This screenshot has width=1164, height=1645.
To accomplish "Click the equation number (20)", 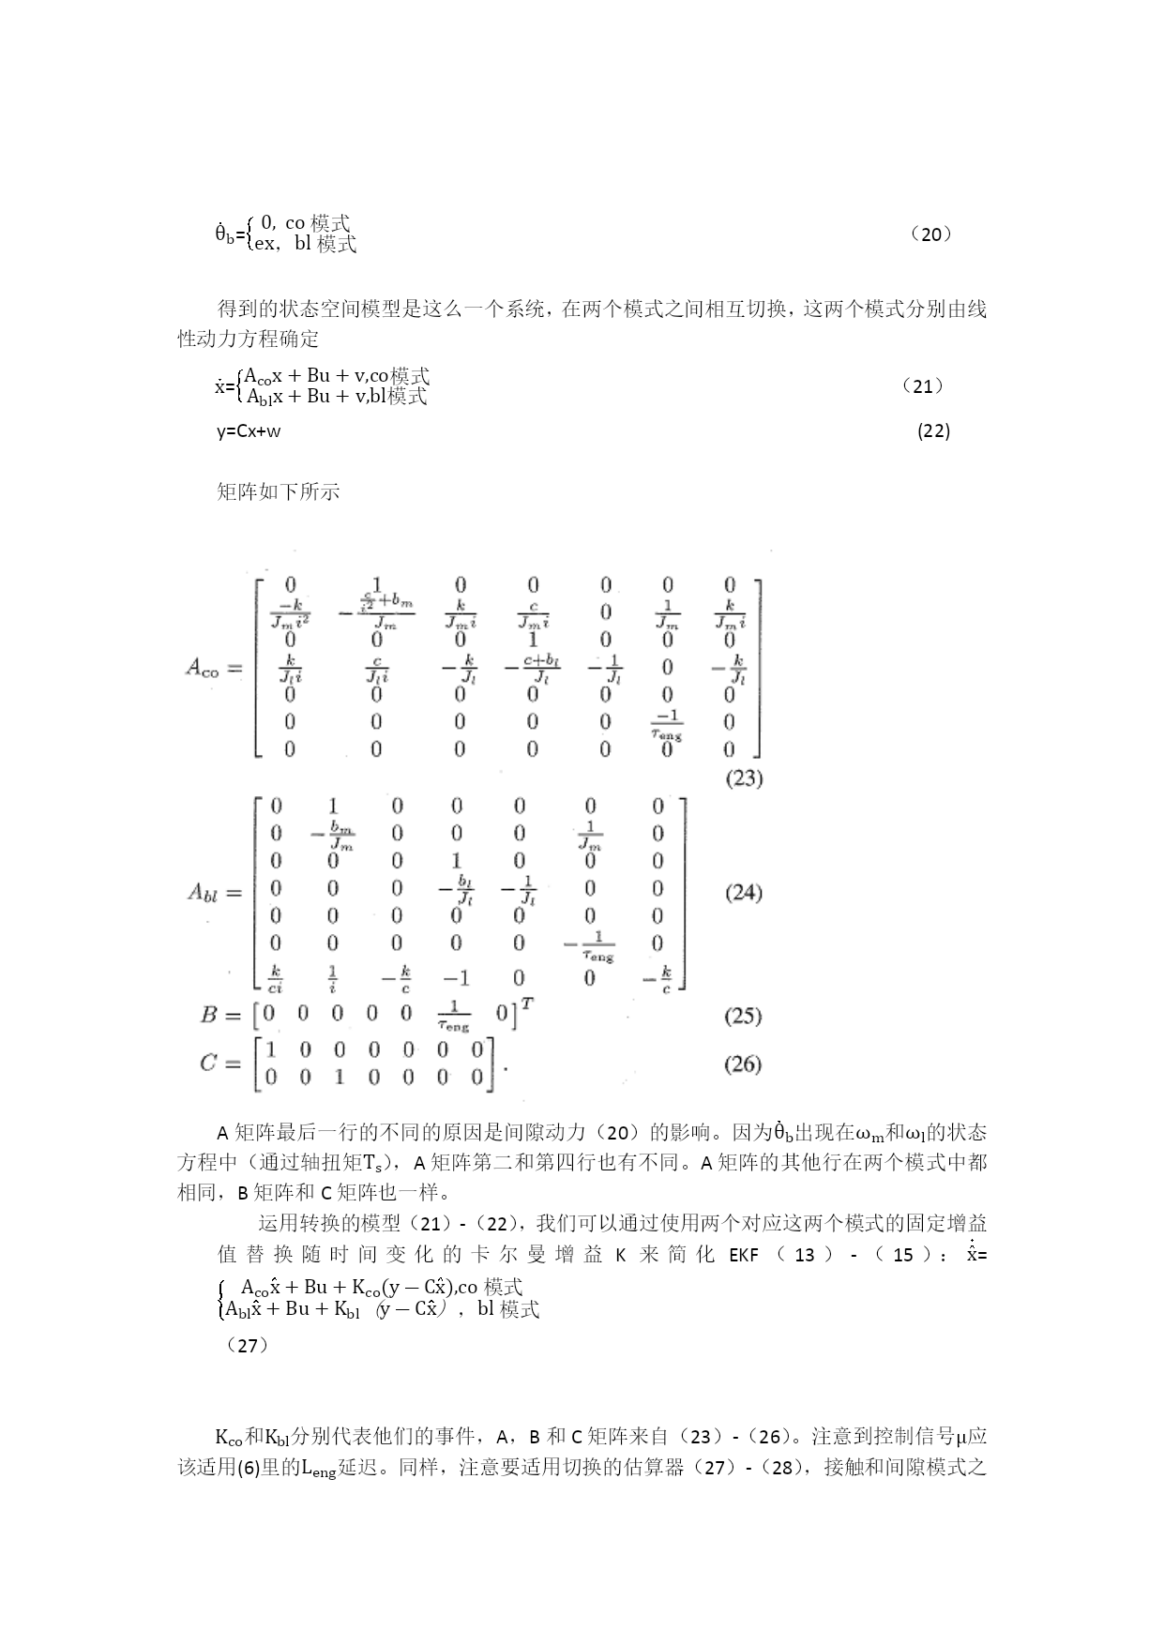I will click(931, 234).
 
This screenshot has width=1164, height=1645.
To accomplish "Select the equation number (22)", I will click(933, 430).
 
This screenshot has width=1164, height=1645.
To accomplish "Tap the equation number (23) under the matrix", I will click(744, 778).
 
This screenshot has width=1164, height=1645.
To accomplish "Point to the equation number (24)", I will click(743, 892).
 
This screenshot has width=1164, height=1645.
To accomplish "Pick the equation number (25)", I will click(743, 1016).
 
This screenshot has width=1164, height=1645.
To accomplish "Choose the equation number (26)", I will click(743, 1064).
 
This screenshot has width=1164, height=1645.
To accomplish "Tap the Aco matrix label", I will click(204, 668).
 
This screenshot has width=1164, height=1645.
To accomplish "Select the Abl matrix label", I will click(203, 893).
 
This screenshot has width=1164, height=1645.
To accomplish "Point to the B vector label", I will click(209, 1015).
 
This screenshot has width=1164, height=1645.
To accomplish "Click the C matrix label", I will click(208, 1064).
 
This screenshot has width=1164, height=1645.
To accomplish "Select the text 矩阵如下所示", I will click(279, 491).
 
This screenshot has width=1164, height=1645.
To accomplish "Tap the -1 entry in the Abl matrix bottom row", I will click(457, 978).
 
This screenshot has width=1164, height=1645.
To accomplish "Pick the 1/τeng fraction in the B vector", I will click(455, 1017).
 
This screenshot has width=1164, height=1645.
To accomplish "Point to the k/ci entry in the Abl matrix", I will click(276, 979).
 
